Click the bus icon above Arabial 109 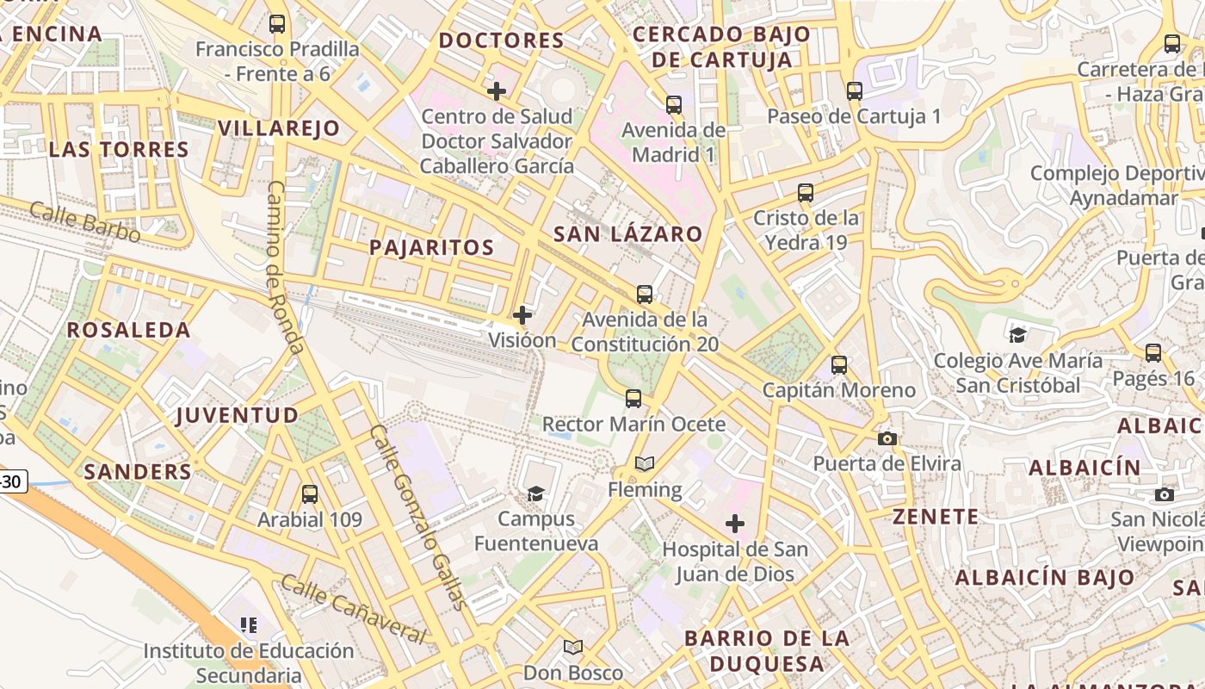(x=310, y=494)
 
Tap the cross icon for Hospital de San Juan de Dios (x=735, y=524)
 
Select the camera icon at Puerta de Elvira (x=887, y=438)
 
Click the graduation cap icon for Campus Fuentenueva (x=536, y=493)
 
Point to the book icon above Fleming (x=645, y=464)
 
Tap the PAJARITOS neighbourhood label (x=431, y=248)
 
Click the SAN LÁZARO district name (x=627, y=234)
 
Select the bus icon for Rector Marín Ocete (x=633, y=399)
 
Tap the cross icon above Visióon (x=522, y=315)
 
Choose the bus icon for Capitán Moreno (x=839, y=365)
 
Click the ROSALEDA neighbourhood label (x=129, y=330)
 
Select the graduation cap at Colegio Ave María (x=1018, y=335)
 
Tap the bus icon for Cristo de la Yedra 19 (x=806, y=193)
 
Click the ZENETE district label (x=936, y=517)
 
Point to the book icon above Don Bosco (x=573, y=647)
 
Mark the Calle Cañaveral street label (x=353, y=610)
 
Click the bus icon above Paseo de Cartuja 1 (x=854, y=90)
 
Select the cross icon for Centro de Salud (x=497, y=90)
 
